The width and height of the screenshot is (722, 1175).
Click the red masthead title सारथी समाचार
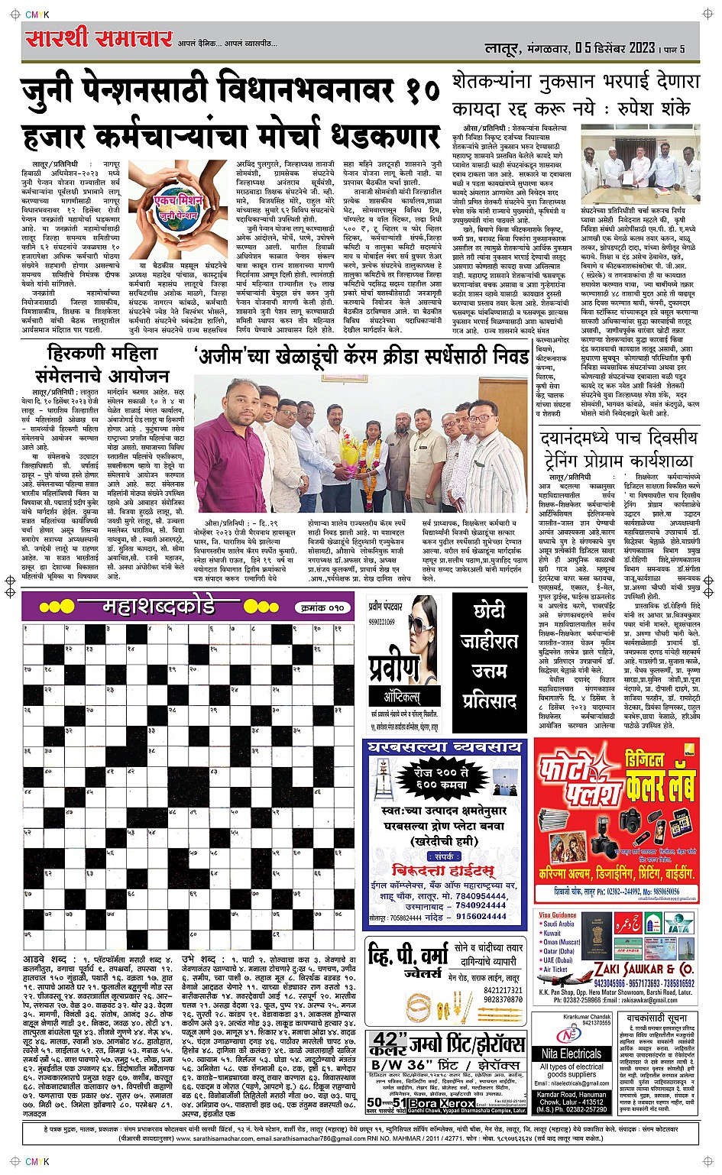[x=98, y=38]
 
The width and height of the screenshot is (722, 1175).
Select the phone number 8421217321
[x=503, y=991]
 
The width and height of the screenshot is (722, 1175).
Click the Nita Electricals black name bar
[x=571, y=1054]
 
